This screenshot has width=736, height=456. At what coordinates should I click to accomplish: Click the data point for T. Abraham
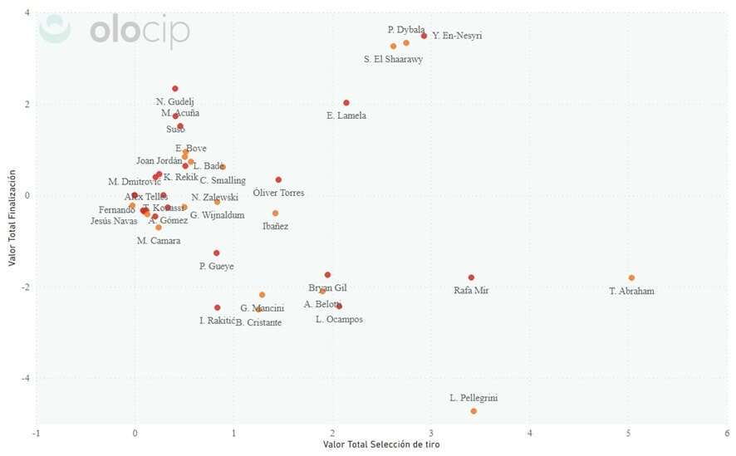pyautogui.click(x=631, y=277)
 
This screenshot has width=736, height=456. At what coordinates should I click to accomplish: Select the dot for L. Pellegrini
pyautogui.click(x=473, y=411)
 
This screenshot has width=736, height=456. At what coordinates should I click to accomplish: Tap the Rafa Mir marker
pyautogui.click(x=471, y=277)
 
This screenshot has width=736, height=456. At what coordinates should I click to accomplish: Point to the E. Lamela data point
pyautogui.click(x=346, y=103)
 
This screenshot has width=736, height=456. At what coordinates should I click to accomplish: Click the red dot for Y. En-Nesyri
pyautogui.click(x=424, y=36)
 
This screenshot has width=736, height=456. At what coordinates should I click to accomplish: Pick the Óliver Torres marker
pyautogui.click(x=278, y=179)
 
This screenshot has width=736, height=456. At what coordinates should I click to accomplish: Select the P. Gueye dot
pyautogui.click(x=217, y=253)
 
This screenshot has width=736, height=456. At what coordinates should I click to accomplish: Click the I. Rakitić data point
pyautogui.click(x=218, y=307)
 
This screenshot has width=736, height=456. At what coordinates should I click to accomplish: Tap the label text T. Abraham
pyautogui.click(x=631, y=292)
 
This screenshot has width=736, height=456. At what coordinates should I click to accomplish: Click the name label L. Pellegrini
pyautogui.click(x=473, y=399)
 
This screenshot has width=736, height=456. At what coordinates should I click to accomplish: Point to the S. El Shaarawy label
pyautogui.click(x=393, y=59)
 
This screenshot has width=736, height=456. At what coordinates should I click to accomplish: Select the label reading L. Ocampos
pyautogui.click(x=339, y=320)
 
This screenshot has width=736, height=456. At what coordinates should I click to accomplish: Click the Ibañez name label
pyautogui.click(x=275, y=226)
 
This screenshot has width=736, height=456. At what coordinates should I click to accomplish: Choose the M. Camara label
pyautogui.click(x=159, y=241)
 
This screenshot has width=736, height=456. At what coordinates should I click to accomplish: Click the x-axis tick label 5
pyautogui.click(x=628, y=433)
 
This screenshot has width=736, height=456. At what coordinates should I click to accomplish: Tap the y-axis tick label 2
pyautogui.click(x=27, y=104)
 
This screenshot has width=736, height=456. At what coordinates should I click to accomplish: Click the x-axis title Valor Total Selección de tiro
pyautogui.click(x=381, y=445)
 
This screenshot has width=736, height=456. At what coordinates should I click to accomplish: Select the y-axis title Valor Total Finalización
pyautogui.click(x=12, y=218)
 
